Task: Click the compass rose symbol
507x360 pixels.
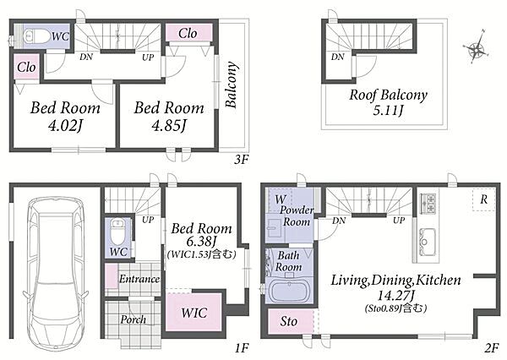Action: pos(475,48)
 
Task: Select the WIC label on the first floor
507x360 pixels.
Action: pos(194,313)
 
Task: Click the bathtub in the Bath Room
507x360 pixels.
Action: pos(289,291)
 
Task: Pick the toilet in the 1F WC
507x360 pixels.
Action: pos(117,232)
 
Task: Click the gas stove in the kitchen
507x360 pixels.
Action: pos(428,203)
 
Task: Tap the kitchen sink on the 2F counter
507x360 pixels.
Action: pos(428,242)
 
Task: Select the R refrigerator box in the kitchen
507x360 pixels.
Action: pos(483,199)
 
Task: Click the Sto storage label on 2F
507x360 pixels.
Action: pos(289,321)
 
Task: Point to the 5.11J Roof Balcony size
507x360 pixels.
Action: pos(388,111)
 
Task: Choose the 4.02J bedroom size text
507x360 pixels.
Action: pos(65,125)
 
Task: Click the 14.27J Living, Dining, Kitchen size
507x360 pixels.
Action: pos(396,295)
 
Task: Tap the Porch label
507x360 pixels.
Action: pos(133,319)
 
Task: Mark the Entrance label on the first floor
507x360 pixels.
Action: pos(139,279)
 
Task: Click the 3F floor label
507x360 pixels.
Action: pos(241,159)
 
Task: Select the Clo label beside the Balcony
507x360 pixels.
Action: pos(188,33)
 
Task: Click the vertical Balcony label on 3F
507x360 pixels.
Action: pos(232,85)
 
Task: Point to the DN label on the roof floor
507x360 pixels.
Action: pos(337,57)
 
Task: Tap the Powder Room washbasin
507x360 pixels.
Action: pos(275,228)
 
